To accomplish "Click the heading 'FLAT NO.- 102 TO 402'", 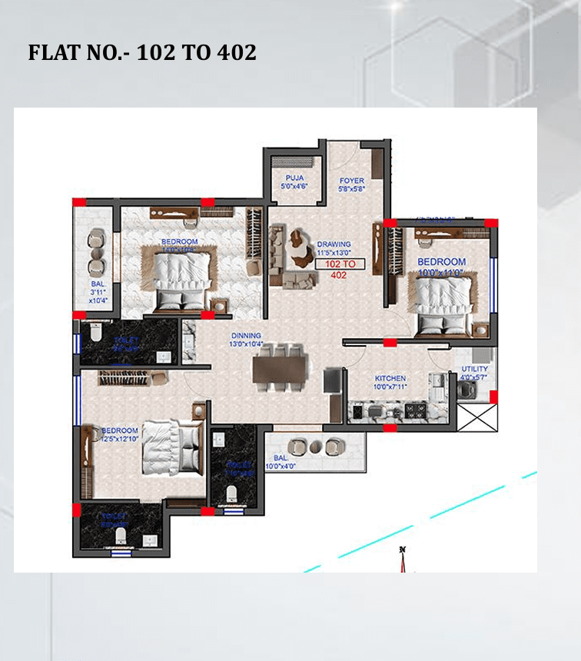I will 142,52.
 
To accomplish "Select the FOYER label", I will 352,181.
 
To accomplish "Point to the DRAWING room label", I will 334,244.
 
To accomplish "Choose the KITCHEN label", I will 390,379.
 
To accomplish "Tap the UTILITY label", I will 473,369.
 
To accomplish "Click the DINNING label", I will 246,336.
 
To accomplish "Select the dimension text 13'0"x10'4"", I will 247,344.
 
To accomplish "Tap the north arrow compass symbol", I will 402,561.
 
